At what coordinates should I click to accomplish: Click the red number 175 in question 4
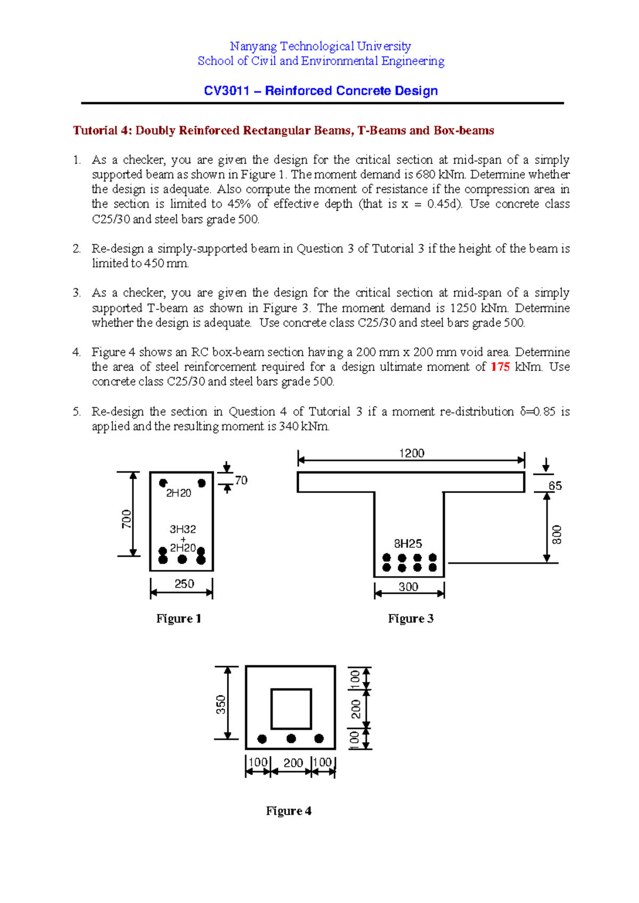click(500, 367)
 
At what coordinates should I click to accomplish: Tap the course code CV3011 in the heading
click(226, 91)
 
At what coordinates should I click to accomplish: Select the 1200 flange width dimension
click(412, 453)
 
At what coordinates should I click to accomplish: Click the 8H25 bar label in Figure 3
click(408, 544)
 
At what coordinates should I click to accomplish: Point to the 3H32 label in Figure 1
click(183, 529)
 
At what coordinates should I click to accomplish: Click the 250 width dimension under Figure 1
click(184, 584)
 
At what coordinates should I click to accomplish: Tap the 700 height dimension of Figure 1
click(126, 519)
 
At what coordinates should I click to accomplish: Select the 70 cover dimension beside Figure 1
click(241, 480)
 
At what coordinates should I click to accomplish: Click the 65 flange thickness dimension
click(555, 486)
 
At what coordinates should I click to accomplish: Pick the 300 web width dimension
click(408, 587)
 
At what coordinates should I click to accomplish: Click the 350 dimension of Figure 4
click(220, 704)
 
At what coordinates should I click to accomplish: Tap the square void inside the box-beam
click(291, 709)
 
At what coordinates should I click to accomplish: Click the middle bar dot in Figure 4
click(291, 738)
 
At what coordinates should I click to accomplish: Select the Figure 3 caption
click(411, 618)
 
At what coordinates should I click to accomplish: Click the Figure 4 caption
click(289, 811)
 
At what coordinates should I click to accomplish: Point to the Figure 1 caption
click(178, 618)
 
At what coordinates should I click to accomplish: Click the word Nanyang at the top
click(253, 46)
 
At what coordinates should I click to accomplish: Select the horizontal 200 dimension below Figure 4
click(293, 763)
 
